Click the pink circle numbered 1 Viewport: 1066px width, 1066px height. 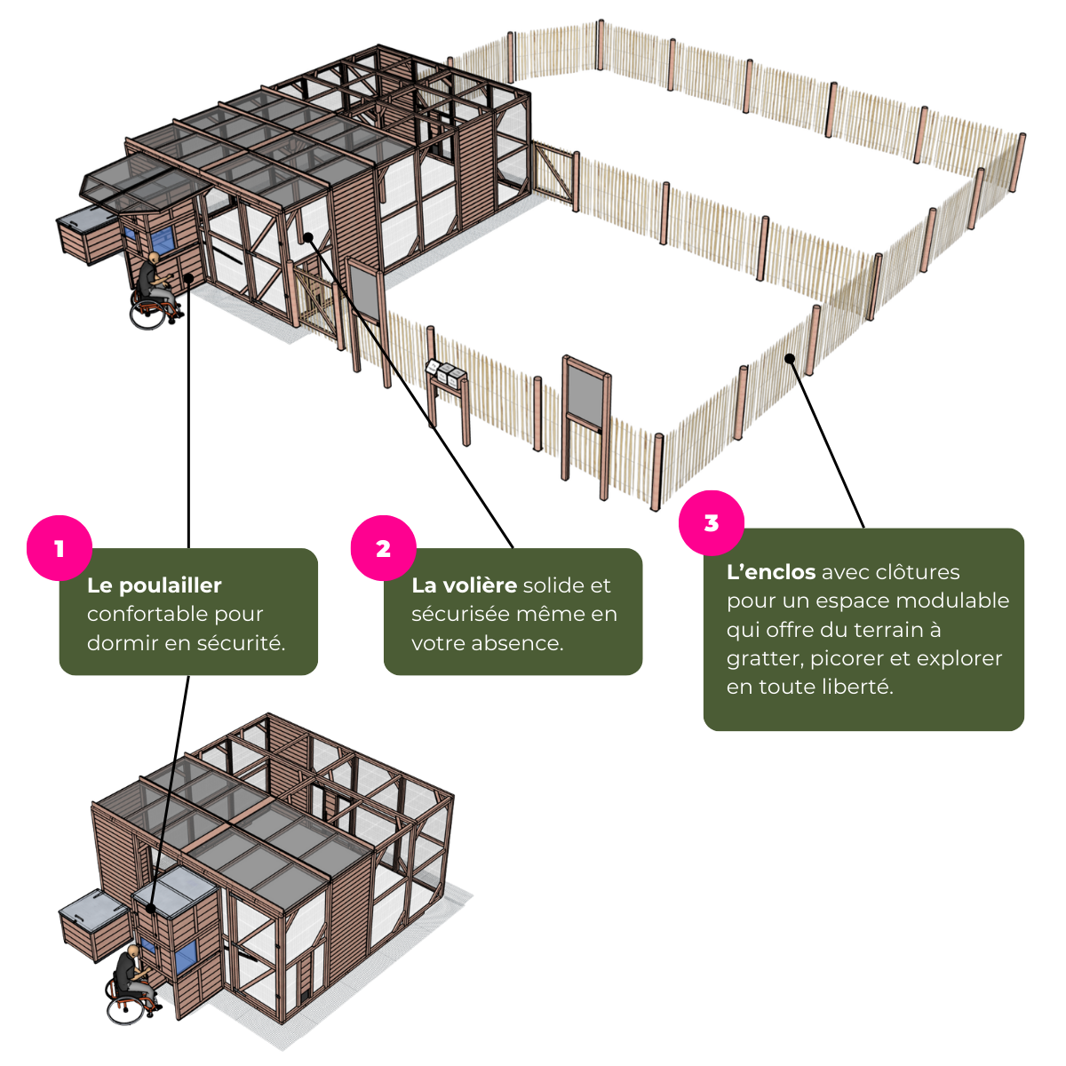(x=59, y=549)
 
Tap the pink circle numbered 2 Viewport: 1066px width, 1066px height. (x=383, y=549)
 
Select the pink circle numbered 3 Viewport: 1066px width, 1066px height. (x=711, y=523)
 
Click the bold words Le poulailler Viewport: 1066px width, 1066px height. (x=154, y=585)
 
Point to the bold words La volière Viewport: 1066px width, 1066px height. (x=464, y=585)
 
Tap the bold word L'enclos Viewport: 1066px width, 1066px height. (x=770, y=572)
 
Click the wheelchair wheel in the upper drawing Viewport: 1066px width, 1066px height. (x=148, y=313)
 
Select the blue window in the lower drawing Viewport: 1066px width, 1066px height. (x=185, y=956)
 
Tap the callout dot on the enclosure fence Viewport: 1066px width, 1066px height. (x=789, y=358)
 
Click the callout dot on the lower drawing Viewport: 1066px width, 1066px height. (x=152, y=909)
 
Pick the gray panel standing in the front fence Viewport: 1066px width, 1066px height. (x=586, y=392)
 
